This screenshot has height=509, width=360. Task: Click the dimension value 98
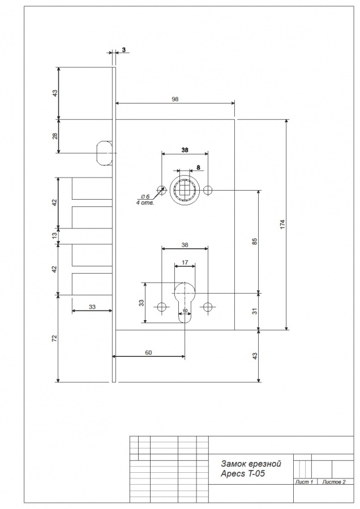coord(175,99)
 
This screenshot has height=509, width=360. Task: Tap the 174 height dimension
coord(282,225)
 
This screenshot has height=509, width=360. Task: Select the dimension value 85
coord(255,241)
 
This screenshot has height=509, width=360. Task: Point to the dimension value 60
coord(148,352)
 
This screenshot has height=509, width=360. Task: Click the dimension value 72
coord(54,338)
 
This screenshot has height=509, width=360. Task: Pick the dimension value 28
coord(55,136)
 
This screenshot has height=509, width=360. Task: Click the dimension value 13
coord(54,235)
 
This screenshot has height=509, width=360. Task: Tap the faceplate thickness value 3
coord(124,50)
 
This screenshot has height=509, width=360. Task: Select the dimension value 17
coord(185,262)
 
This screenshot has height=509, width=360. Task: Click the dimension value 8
coord(199,167)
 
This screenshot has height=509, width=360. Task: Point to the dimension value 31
coord(255,310)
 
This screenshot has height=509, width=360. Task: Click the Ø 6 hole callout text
coord(145,197)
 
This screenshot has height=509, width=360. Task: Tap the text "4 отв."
coord(144,203)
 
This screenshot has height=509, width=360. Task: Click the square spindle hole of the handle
coord(185,189)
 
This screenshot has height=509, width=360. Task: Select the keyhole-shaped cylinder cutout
coord(185,301)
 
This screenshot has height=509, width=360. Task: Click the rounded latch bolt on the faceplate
coord(104,153)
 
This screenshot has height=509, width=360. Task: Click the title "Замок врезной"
coord(251,464)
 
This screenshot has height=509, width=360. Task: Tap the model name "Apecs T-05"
coord(243,473)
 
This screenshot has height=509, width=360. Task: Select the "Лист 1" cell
coord(304,482)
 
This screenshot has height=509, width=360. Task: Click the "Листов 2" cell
coord(334,482)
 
